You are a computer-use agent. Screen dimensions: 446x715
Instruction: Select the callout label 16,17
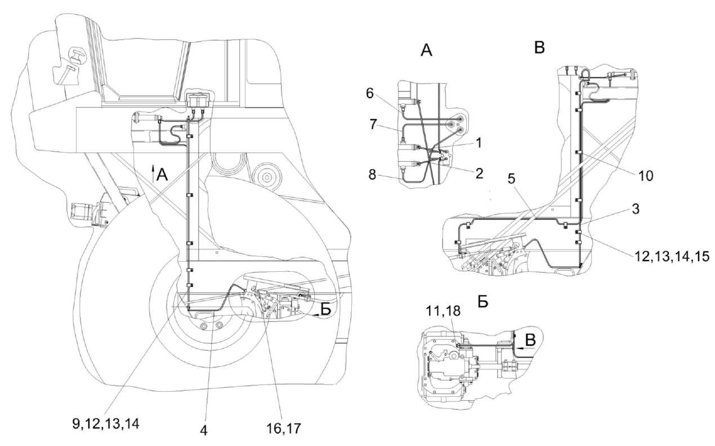pos(279,429)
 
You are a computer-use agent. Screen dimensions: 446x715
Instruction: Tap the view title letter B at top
pos(539,48)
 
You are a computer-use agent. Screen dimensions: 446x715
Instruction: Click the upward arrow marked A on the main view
pos(159,174)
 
